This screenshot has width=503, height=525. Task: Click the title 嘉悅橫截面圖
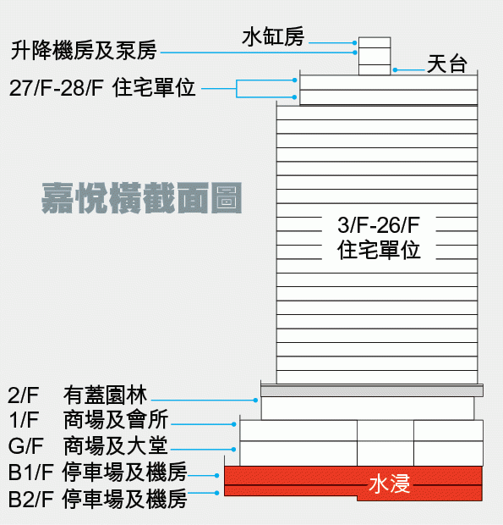(142, 198)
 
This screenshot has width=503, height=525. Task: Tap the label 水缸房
(273, 36)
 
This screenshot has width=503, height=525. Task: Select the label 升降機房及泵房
(84, 51)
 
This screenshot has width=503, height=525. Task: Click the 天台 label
(447, 64)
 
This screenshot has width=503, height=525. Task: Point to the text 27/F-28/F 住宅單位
(102, 88)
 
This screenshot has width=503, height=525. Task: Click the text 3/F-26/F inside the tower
(379, 225)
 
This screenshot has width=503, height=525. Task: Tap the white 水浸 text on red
(390, 484)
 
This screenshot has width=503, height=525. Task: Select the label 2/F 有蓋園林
(77, 395)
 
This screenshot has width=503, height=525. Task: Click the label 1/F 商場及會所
(88, 419)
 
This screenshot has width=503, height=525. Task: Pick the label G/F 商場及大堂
(88, 445)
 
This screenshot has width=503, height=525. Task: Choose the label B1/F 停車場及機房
(97, 472)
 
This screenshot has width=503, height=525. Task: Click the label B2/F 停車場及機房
(97, 499)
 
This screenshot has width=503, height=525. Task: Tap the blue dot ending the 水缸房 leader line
(354, 43)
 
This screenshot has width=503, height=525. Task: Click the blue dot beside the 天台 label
(395, 70)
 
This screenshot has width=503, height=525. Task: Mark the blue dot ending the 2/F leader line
(255, 401)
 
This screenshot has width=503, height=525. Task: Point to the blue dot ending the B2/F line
(217, 493)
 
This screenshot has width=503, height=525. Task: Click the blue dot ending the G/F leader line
(233, 450)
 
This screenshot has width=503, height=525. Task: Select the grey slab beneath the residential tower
(372, 391)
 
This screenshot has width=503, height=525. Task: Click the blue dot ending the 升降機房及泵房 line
(354, 52)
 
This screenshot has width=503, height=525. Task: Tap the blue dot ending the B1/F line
(217, 475)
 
